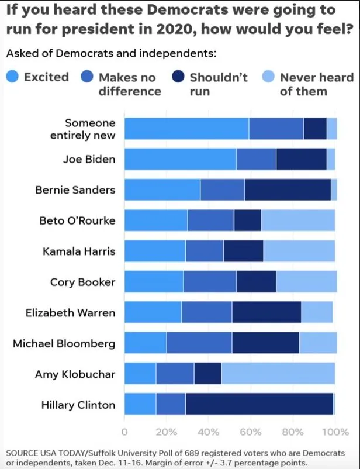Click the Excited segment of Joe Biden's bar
[180, 159]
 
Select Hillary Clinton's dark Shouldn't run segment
[259, 404]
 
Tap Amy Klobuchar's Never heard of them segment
[278, 373]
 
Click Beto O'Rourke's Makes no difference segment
[210, 220]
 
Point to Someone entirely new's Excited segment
[186, 129]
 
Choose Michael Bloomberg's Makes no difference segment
[199, 343]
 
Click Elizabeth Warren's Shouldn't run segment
[266, 312]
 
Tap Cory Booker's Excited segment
[154, 281]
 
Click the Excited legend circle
[13, 77]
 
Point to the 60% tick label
[250, 432]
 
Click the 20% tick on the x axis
[167, 432]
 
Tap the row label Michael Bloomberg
[64, 343]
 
